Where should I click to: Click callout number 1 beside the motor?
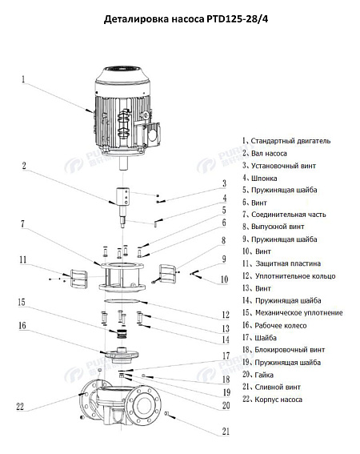coord(24,79)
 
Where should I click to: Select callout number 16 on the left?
coord(22,326)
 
